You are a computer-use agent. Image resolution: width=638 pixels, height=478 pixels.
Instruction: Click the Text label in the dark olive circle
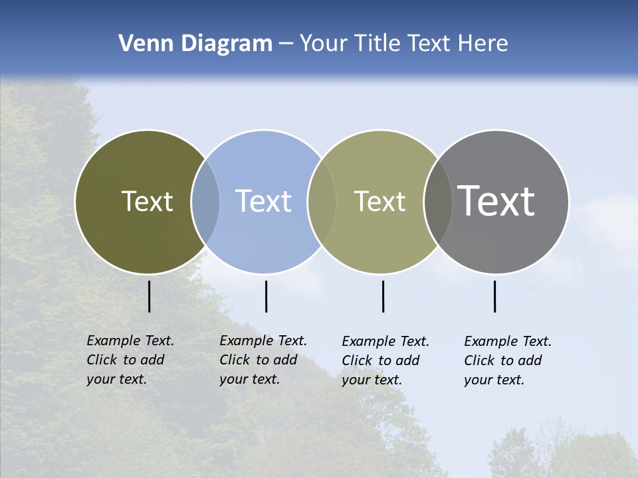point(147,201)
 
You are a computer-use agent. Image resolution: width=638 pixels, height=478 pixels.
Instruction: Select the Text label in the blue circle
point(263,201)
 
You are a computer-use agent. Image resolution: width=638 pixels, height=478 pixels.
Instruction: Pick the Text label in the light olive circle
point(379,201)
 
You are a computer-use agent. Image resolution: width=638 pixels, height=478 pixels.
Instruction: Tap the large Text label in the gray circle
point(496,201)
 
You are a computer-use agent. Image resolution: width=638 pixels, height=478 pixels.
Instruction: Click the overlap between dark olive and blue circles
point(205,201)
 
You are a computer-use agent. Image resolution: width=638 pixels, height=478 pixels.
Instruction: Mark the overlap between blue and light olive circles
point(322,201)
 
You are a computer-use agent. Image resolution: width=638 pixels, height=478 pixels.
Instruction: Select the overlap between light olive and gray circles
point(438,201)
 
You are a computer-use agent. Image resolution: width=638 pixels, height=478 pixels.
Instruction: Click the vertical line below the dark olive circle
point(149,296)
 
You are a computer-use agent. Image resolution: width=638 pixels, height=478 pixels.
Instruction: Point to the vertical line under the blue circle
point(266,296)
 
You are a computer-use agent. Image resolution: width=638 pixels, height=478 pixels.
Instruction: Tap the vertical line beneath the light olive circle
point(383,296)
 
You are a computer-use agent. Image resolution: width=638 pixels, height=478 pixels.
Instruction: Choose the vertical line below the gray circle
point(494,296)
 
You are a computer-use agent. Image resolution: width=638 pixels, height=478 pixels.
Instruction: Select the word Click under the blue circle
point(235,360)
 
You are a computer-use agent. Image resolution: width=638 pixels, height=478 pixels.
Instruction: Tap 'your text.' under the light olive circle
point(372,380)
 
